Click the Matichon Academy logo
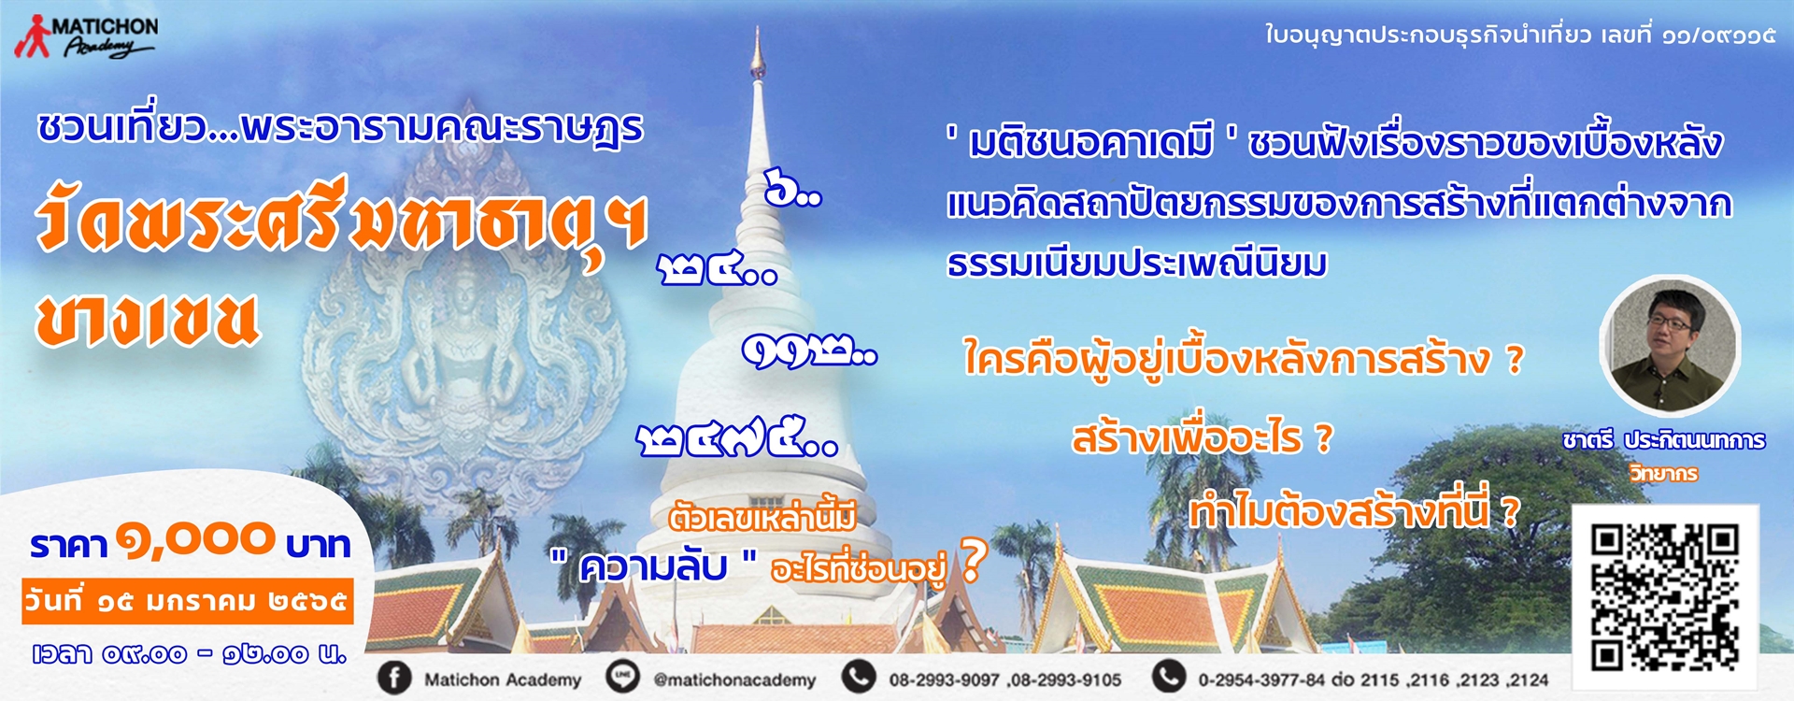coord(86,36)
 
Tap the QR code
coord(1665,598)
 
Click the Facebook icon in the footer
coord(394,679)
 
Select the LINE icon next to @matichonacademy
coord(622,679)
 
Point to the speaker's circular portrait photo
coord(1669,346)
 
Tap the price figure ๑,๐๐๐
coord(195,540)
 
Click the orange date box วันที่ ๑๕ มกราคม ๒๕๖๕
coord(188,601)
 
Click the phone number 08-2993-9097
coord(944,680)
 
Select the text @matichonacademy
coord(734,680)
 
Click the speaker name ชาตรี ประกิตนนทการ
coord(1664,440)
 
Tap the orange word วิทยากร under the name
coord(1664,474)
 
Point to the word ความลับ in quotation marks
coord(653,567)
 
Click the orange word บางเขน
coord(147,320)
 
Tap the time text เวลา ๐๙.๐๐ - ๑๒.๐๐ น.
coord(189,654)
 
